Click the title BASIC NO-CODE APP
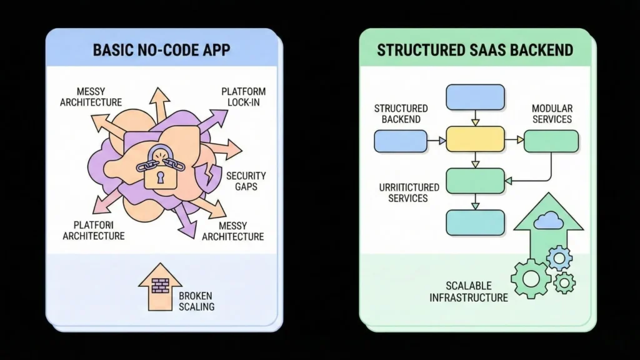coord(161,50)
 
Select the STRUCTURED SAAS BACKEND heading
coord(475,50)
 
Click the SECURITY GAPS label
coord(246,181)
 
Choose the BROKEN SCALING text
coord(196,301)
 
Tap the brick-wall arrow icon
coord(160,288)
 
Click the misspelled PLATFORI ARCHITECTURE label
coord(94,230)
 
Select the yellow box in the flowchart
coord(475,139)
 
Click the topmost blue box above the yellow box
coord(475,97)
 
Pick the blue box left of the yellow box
coord(400,141)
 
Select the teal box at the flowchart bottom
coord(475,222)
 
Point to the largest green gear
coord(531,278)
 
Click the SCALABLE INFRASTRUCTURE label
coord(469,292)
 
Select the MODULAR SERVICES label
coord(551,114)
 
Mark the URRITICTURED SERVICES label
coord(409,192)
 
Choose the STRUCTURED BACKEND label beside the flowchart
coord(401,114)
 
